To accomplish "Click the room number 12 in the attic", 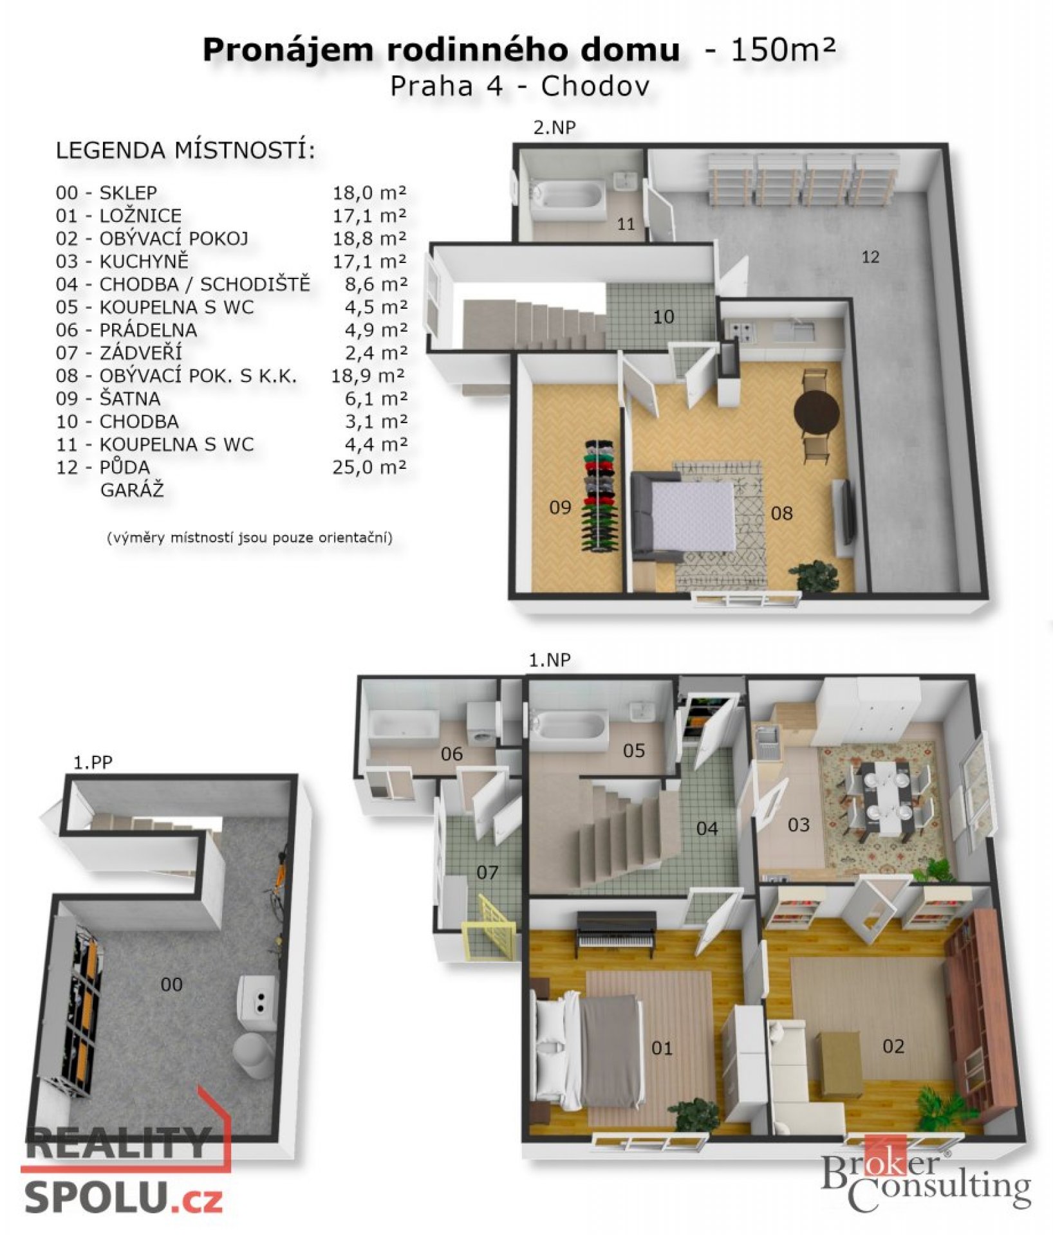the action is (870, 257).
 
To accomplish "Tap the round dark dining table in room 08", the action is (817, 412).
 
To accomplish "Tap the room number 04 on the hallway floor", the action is (707, 828).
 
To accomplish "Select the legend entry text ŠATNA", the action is (130, 399).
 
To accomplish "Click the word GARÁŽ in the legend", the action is (132, 490).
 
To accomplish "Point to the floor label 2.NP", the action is (554, 127).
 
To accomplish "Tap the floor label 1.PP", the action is (93, 763).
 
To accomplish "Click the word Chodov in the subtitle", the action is (595, 86).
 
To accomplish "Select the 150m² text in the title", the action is (783, 50).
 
